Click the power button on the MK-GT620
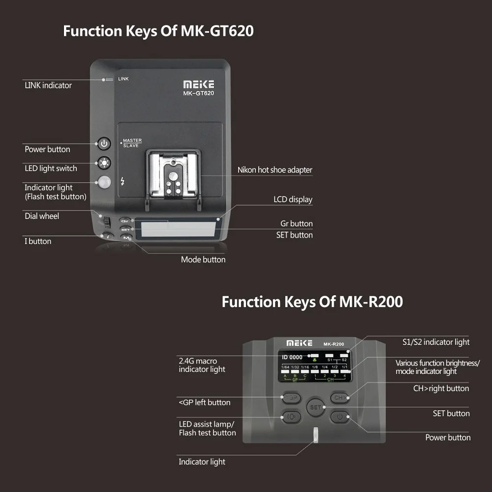(104, 144)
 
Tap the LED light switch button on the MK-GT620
(104, 162)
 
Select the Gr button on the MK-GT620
(125, 221)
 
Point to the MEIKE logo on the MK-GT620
(198, 85)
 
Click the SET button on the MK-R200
(315, 407)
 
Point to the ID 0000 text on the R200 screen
(292, 357)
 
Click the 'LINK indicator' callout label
(48, 86)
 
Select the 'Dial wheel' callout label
(42, 216)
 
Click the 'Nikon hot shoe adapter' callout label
(275, 170)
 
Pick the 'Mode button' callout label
(203, 260)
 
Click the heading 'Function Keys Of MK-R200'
(312, 302)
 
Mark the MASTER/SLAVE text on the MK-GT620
(132, 143)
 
